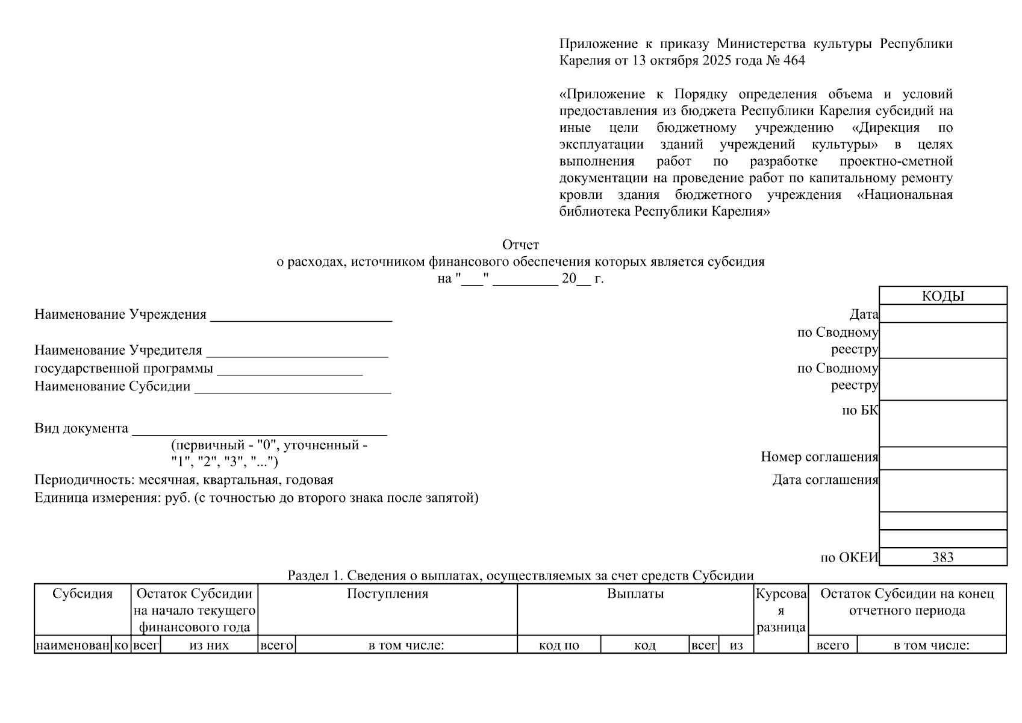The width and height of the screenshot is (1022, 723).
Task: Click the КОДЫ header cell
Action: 943,296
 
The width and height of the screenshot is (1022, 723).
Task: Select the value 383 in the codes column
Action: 943,557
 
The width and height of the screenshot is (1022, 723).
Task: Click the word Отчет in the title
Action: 520,245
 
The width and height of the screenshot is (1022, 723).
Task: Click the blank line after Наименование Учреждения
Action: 301,316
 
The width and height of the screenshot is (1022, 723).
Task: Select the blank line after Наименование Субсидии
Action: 293,387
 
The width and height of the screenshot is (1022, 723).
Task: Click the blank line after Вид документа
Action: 259,429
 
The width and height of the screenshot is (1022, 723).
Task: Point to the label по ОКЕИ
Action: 849,557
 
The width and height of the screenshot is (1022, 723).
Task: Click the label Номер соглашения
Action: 819,457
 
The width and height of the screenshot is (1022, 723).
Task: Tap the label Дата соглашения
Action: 825,480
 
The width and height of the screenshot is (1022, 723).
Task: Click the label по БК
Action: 860,410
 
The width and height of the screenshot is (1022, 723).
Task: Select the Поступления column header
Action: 387,593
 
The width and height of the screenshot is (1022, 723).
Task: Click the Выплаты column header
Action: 635,593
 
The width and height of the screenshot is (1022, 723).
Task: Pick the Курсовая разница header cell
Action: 781,610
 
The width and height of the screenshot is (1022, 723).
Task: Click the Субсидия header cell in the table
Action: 83,593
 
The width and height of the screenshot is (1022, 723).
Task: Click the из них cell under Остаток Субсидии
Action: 208,645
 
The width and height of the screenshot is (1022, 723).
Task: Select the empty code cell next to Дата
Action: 943,314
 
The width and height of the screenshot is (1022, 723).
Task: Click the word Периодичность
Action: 84,480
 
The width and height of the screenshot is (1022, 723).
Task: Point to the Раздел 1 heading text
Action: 520,575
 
